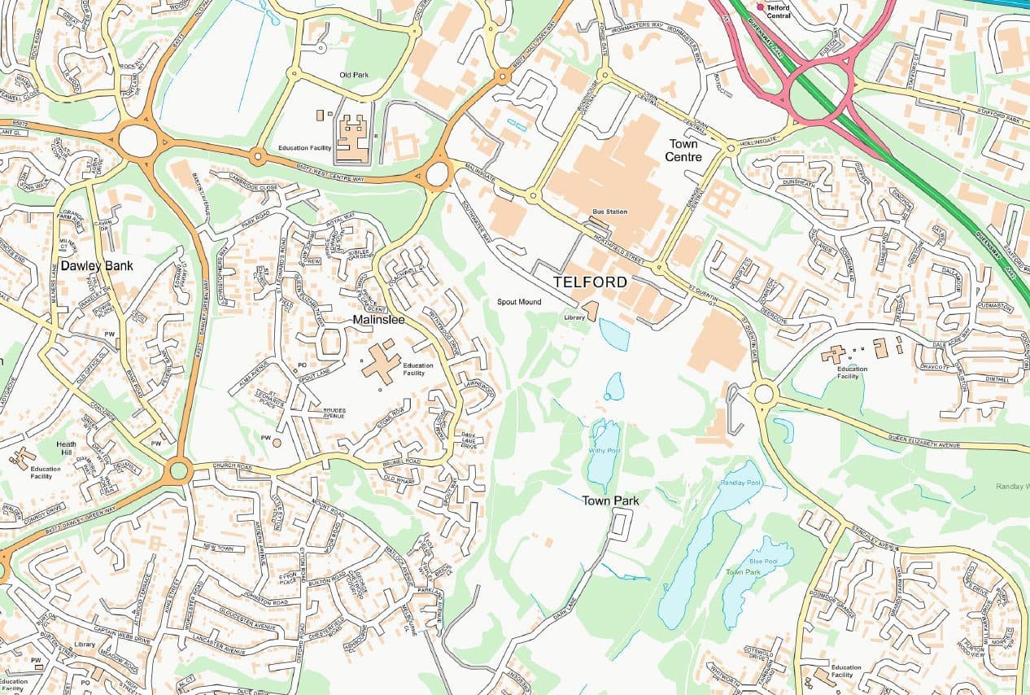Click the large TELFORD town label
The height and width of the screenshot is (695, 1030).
click(x=590, y=282)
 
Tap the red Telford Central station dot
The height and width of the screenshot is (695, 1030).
click(x=761, y=7)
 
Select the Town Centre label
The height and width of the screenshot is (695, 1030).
click(x=683, y=150)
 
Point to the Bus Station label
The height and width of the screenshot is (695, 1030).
click(x=609, y=212)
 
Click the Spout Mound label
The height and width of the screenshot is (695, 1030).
click(x=519, y=302)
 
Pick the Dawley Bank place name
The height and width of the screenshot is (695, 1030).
click(x=97, y=265)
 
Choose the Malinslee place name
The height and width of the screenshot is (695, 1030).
click(x=379, y=320)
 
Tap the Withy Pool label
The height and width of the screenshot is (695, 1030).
click(x=604, y=450)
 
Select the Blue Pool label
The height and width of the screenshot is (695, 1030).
click(x=758, y=562)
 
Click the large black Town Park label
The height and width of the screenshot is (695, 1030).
click(x=610, y=500)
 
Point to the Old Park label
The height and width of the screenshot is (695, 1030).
click(x=354, y=75)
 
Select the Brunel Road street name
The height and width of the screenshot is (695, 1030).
click(x=403, y=461)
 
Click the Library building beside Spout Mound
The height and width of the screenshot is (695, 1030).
click(x=590, y=311)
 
